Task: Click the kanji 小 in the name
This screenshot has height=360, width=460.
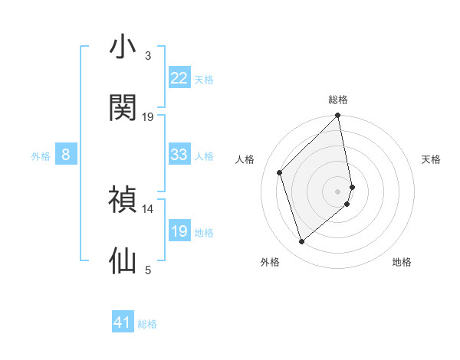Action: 123,47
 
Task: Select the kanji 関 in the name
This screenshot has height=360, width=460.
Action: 123,108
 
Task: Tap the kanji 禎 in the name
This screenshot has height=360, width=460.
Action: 123,199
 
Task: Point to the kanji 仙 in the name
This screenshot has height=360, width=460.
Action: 123,260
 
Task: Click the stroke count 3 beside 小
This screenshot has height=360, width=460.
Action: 148,56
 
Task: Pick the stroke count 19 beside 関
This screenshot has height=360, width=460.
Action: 148,116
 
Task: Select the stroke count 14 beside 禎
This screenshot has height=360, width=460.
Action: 148,208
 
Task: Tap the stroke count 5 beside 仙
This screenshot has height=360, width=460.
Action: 148,269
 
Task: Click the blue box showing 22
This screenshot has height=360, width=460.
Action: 179,78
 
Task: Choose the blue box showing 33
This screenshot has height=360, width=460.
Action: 179,155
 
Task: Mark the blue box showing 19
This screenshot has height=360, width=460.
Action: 179,231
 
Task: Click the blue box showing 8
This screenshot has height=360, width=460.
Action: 66,155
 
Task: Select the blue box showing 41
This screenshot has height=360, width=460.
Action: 123,322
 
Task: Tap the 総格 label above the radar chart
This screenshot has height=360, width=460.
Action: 338,100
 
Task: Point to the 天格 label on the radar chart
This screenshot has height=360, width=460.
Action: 432,159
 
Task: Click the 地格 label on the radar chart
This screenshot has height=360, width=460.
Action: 402,263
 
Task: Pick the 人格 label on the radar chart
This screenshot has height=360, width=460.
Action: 245,159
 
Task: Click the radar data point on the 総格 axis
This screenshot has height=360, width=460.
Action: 338,116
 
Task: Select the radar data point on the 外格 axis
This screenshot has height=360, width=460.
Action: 302,242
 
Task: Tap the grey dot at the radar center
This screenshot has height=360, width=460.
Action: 338,191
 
